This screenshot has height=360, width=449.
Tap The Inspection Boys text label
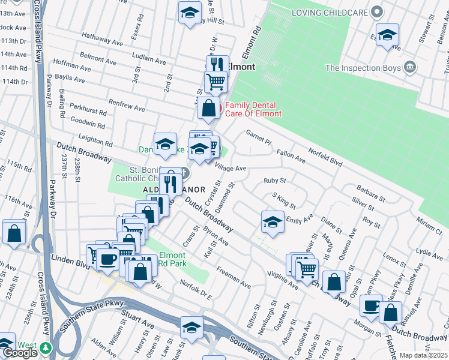pyautogui.click(x=363, y=68)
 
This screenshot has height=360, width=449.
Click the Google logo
pyautogui.click(x=19, y=352)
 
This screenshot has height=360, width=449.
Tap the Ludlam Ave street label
pyautogui.click(x=148, y=61)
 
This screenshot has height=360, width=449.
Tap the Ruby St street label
pyautogui.click(x=275, y=180)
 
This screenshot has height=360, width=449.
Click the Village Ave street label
pyautogui.click(x=231, y=169)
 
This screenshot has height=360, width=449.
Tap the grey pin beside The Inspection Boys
pyautogui.click(x=411, y=66)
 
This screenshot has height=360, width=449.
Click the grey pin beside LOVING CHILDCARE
pyautogui.click(x=376, y=12)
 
